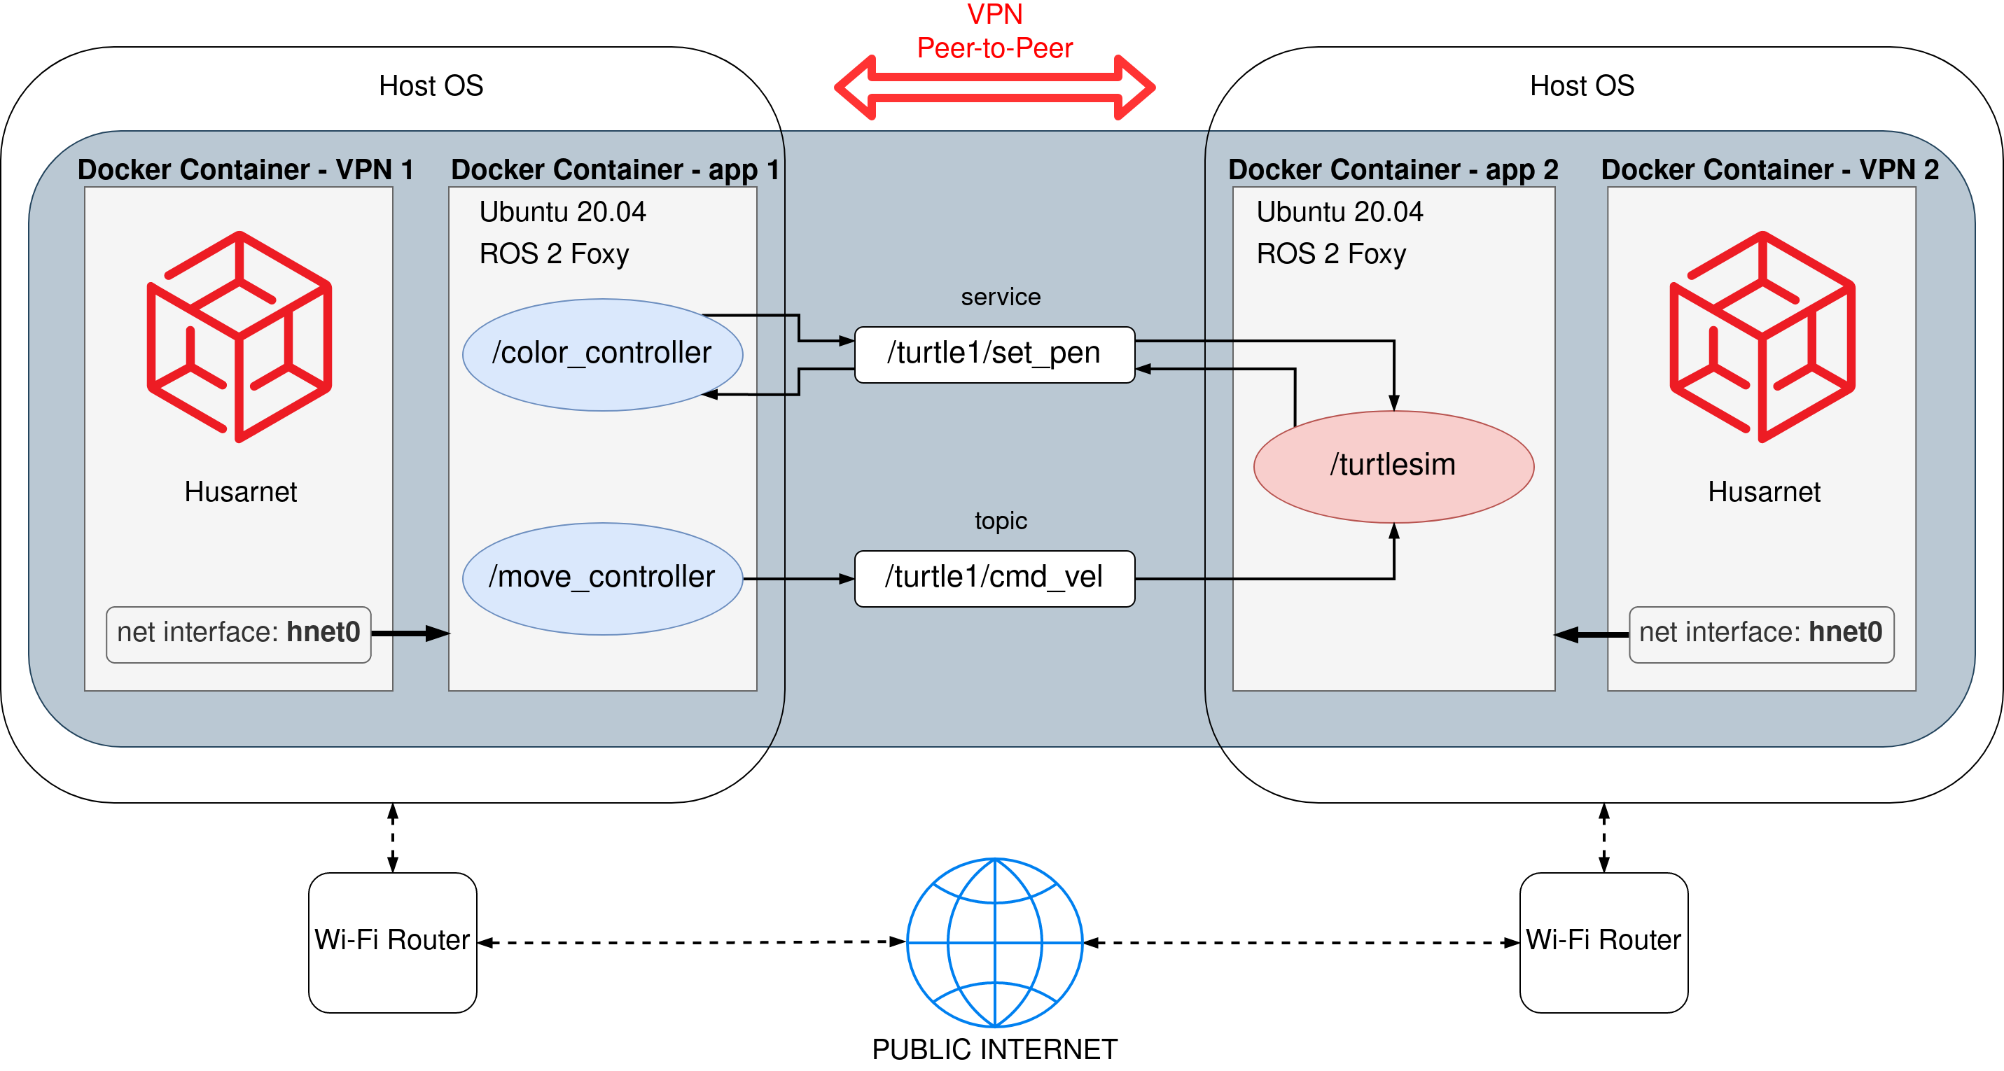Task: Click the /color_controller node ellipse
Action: click(x=602, y=355)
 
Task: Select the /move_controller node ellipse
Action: click(x=602, y=579)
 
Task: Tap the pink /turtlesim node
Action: click(x=1393, y=467)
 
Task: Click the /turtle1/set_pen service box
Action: click(x=994, y=355)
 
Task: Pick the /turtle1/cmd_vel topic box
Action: click(x=994, y=579)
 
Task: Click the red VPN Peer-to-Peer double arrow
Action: click(x=994, y=87)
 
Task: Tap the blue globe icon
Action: click(x=994, y=943)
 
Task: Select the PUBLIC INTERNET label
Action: click(x=994, y=1049)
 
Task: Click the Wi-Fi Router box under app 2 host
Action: click(x=1603, y=943)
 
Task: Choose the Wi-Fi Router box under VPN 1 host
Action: click(x=392, y=943)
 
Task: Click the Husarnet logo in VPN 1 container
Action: click(x=239, y=337)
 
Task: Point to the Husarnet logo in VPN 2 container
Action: click(x=1763, y=337)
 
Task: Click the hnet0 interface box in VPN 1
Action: click(x=238, y=635)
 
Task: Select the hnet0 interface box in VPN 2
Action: click(x=1761, y=635)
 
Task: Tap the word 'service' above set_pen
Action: click(x=1001, y=296)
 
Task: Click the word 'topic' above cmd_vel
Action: click(x=1001, y=520)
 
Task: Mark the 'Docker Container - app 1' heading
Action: click(x=615, y=169)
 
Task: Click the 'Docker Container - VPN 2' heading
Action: click(x=1769, y=169)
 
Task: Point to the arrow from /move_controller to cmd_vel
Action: click(x=799, y=579)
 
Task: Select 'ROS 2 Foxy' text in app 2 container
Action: click(x=1331, y=253)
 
